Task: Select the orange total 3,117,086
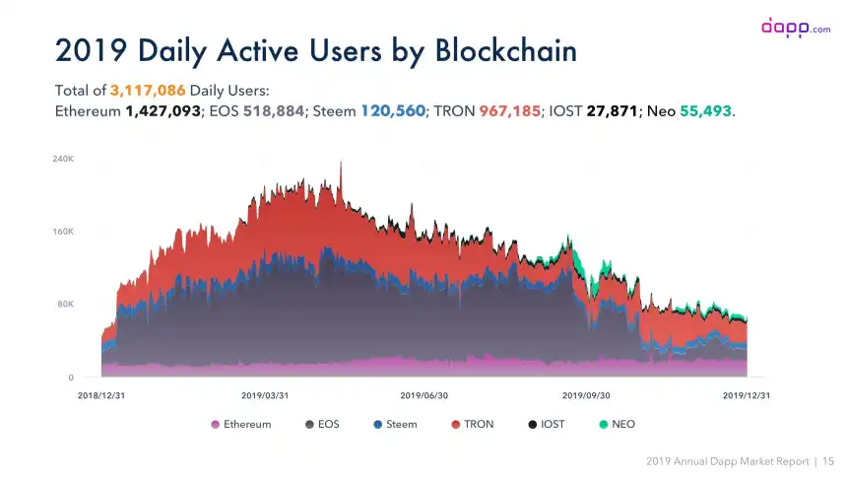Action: (147, 91)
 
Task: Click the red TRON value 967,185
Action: (509, 110)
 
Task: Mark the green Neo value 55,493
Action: (704, 110)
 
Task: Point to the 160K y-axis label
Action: (62, 232)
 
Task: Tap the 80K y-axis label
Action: (64, 305)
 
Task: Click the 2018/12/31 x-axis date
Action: (101, 395)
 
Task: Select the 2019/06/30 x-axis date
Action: (424, 395)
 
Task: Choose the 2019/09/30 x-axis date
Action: (586, 395)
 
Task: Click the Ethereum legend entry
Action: (240, 424)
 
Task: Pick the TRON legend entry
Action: (473, 424)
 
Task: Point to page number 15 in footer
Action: (827, 460)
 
